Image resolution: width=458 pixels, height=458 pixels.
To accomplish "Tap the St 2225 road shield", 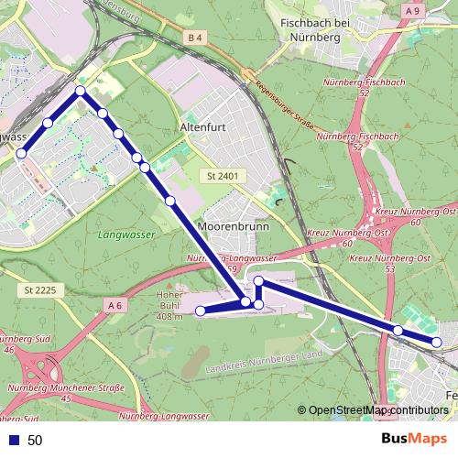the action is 37,290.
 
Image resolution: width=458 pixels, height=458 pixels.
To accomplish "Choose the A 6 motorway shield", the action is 114,304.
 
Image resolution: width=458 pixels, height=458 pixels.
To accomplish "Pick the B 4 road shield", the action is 192,38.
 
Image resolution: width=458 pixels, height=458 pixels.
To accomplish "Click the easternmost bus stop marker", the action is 437,343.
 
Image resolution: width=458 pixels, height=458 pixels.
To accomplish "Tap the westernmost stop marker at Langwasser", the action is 21,154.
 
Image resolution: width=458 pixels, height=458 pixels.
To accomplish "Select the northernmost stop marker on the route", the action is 81,91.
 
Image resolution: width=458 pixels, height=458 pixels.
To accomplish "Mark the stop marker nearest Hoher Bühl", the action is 201,311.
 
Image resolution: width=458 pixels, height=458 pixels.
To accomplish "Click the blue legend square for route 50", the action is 13,440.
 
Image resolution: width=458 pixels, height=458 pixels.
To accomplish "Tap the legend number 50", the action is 35,440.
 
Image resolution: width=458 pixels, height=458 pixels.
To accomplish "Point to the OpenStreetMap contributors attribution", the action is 377,410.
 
